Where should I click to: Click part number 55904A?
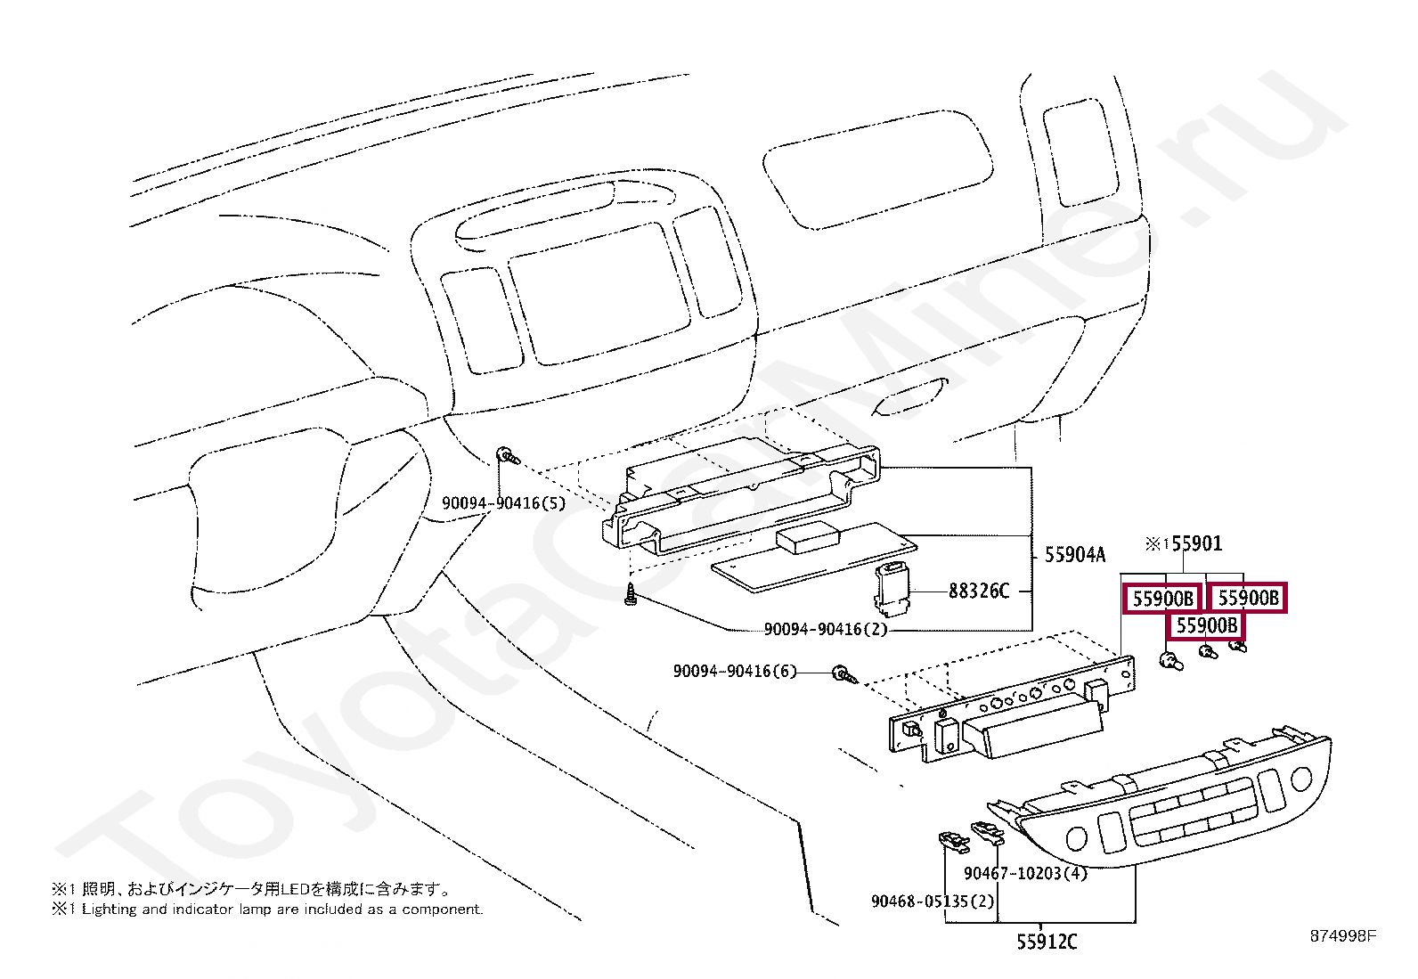[x=1074, y=555]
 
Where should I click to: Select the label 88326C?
[x=978, y=591]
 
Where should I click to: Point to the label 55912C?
[x=1047, y=942]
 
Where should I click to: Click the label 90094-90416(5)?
[x=503, y=503]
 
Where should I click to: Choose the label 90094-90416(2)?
[x=826, y=629]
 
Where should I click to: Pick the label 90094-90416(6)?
[x=735, y=671]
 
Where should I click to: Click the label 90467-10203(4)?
[x=1025, y=873]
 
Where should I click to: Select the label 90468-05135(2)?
[x=932, y=901]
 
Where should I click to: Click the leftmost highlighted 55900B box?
[x=1162, y=599]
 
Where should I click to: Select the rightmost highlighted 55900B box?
[x=1248, y=598]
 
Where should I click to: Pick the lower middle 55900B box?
[x=1206, y=625]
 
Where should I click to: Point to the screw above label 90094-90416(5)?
[x=508, y=456]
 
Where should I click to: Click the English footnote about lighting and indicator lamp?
[x=267, y=910]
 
